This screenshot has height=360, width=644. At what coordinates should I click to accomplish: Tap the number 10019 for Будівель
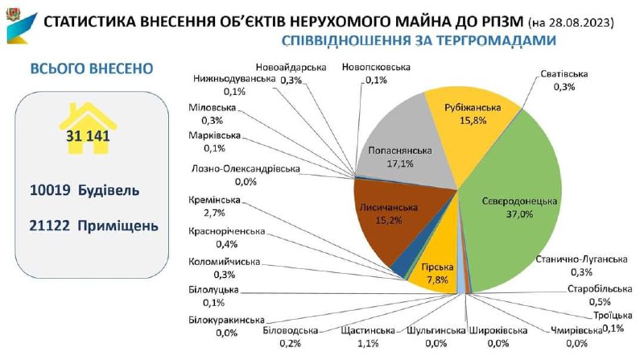coord(51,191)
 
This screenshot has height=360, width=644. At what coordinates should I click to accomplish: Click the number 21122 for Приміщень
coord(51,226)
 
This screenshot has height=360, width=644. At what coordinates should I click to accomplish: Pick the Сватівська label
coord(563,74)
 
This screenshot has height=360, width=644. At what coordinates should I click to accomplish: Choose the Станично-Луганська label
coord(580,259)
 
